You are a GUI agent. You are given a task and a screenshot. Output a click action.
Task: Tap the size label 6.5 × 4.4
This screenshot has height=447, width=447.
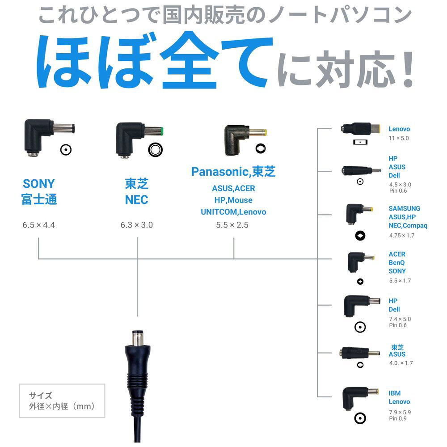(x=38, y=225)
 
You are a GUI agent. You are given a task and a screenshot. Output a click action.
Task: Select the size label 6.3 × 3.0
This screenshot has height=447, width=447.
(x=136, y=225)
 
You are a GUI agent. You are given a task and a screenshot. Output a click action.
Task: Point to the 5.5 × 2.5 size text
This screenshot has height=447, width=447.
(x=232, y=225)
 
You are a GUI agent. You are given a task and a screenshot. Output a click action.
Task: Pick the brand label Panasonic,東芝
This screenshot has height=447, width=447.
(x=233, y=171)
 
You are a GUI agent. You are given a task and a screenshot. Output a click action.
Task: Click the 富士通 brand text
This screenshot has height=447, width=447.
(x=39, y=199)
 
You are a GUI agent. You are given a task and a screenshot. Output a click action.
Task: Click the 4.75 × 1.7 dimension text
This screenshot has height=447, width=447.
(x=401, y=235)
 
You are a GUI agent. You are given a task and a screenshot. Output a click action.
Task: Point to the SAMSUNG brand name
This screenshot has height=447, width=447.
(x=404, y=208)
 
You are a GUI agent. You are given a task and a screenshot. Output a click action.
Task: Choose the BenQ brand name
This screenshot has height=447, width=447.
(x=397, y=263)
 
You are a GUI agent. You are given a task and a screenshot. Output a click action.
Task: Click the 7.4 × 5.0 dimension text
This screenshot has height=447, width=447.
(x=400, y=319)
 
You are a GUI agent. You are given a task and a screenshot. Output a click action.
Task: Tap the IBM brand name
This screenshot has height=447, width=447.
(x=394, y=393)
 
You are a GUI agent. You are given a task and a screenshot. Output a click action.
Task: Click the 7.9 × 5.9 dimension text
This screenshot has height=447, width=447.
(x=400, y=412)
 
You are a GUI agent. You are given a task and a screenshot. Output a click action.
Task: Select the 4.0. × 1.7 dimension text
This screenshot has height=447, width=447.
(x=401, y=363)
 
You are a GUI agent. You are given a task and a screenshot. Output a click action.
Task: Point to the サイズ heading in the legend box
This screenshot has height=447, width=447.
(x=41, y=396)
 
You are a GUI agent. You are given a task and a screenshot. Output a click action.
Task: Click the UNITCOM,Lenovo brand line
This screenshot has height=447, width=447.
(x=233, y=212)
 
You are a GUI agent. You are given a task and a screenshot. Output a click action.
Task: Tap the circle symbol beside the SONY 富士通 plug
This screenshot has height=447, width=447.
(x=66, y=150)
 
